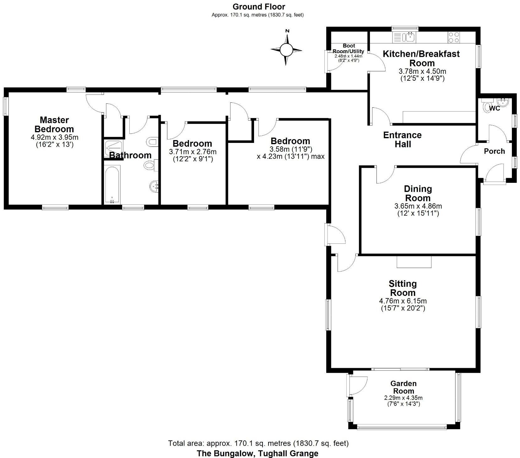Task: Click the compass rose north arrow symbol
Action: pyautogui.click(x=286, y=49)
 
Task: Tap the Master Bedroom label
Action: pyautogui.click(x=54, y=124)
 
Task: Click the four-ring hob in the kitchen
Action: pyautogui.click(x=453, y=37)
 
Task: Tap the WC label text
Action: pyautogui.click(x=495, y=109)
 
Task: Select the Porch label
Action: pyautogui.click(x=494, y=151)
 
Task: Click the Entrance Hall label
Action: pyautogui.click(x=402, y=140)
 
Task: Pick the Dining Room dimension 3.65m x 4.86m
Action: pyautogui.click(x=418, y=206)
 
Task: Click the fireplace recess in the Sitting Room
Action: pyautogui.click(x=414, y=261)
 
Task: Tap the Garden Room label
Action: pyautogui.click(x=404, y=387)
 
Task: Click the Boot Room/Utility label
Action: pyautogui.click(x=349, y=49)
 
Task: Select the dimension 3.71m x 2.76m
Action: pyautogui.click(x=192, y=152)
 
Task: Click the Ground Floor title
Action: pyautogui.click(x=259, y=7)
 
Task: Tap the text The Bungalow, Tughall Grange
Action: pyautogui.click(x=257, y=453)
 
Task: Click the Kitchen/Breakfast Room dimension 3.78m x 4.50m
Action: pyautogui.click(x=422, y=71)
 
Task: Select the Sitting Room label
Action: pyautogui.click(x=403, y=288)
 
